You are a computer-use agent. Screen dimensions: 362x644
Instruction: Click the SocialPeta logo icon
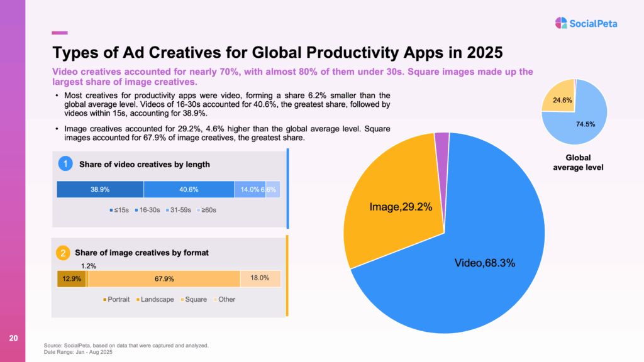[x=562, y=23]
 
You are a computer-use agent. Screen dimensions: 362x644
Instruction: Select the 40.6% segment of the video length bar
[x=189, y=189]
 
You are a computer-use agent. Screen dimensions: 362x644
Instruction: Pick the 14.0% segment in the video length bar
[x=249, y=189]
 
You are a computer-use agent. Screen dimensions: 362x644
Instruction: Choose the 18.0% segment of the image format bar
[x=260, y=278]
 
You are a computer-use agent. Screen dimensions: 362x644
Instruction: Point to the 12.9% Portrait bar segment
[x=71, y=278]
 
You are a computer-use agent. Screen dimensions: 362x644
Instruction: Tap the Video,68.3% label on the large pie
[x=484, y=263]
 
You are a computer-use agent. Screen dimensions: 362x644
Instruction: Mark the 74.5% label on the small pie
[x=586, y=124]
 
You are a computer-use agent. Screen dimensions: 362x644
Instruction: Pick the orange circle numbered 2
[x=63, y=253]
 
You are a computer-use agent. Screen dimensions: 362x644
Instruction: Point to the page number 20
[x=13, y=339]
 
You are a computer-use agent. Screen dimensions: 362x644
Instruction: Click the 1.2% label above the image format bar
[x=91, y=265]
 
